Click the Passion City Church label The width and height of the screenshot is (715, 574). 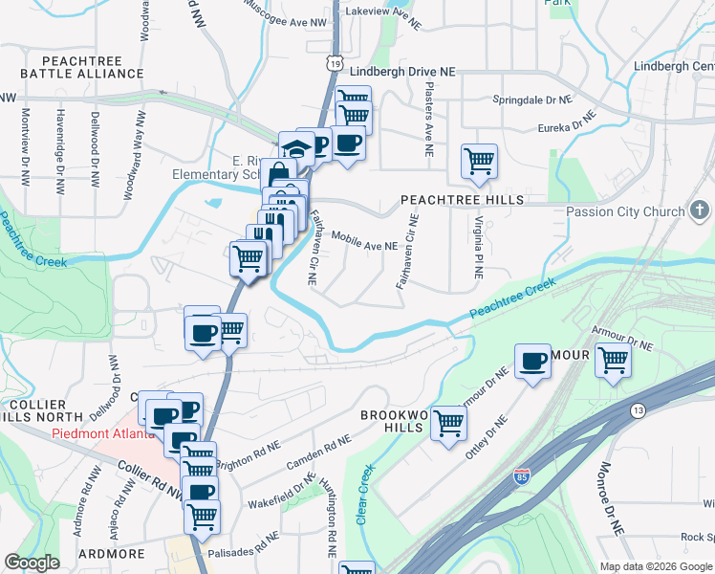tap(626, 211)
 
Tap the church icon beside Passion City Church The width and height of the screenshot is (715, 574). tap(699, 210)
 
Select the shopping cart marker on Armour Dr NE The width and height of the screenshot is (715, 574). tap(613, 362)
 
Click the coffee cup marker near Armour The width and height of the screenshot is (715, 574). tap(532, 362)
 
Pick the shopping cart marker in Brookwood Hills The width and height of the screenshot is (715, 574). tap(448, 422)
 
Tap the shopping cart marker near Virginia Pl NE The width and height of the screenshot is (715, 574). tap(479, 161)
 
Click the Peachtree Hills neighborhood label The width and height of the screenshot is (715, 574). tap(462, 200)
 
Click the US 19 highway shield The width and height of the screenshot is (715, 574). tap(332, 62)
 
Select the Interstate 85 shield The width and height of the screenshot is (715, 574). tap(522, 476)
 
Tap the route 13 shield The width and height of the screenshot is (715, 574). tap(637, 410)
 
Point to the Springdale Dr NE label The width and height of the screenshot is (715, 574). tap(531, 99)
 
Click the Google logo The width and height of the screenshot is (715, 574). tap(32, 563)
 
